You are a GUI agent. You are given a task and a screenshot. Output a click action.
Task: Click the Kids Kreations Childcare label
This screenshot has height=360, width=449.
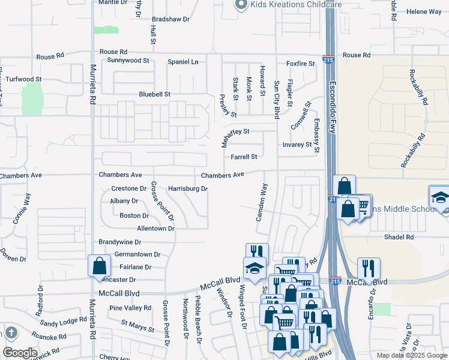pos(296,4)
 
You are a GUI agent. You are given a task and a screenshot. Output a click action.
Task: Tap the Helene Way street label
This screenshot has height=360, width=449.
pos(424,12)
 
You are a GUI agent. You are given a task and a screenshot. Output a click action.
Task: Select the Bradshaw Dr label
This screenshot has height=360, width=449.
pos(170,19)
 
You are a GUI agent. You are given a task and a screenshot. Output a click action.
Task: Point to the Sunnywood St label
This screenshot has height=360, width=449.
pos(128,61)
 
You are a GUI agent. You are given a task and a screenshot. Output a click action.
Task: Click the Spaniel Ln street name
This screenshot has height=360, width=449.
pos(182,62)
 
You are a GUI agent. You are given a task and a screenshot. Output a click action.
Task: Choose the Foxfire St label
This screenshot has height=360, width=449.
pos(300,64)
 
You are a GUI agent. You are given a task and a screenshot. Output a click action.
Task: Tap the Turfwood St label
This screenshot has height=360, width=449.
pos(23,79)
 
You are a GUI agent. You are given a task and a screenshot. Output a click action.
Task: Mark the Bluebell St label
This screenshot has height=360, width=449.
pos(155,94)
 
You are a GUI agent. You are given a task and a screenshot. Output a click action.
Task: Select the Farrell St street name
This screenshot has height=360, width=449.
pos(244,157)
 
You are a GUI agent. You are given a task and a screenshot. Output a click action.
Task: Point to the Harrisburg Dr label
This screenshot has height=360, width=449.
pos(187,188)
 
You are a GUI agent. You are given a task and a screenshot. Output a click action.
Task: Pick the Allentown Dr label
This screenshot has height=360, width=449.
pos(155,229)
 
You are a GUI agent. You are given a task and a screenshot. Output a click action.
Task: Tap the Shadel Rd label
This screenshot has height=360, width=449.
pos(399,237)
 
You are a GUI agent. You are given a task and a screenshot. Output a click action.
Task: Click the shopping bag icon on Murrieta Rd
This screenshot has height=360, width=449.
pos(98,266)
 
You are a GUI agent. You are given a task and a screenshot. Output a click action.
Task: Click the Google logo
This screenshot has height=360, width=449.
pos(20,353)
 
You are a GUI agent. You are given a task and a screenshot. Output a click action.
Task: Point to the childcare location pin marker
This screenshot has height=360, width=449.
pos(241,5)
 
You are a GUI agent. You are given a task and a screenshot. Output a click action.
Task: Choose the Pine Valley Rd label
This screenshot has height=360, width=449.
pos(130,308)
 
